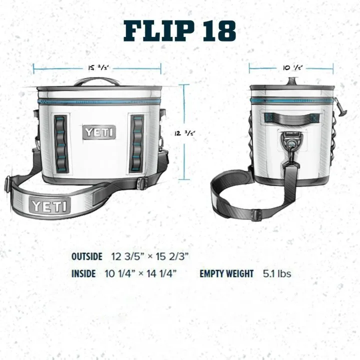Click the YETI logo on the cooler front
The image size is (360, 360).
99,132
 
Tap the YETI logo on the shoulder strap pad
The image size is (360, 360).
50,205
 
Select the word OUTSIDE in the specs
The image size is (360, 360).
87,256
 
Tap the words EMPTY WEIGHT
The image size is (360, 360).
227,273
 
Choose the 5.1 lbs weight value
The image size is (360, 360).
277,273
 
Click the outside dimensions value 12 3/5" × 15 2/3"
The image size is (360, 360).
150,256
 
